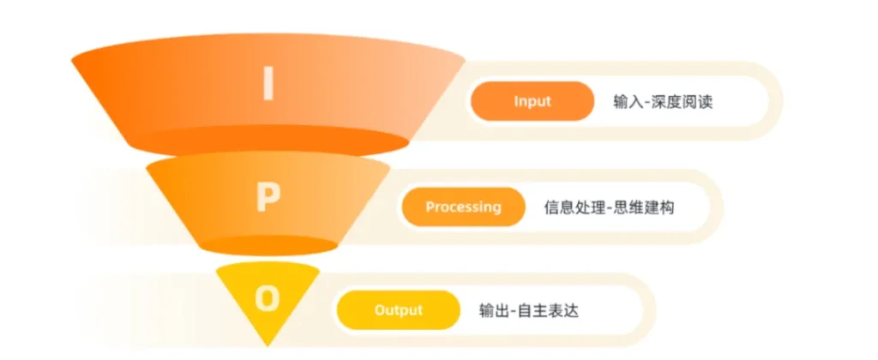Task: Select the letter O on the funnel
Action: pos(268,299)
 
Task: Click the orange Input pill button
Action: pos(532,101)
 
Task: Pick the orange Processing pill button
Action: pos(464,207)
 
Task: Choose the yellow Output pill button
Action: pos(398,309)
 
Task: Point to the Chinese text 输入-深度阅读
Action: pos(663,102)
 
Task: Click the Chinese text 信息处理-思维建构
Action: pos(610,207)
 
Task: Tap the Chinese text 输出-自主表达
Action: pos(528,310)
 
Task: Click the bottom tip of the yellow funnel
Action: pos(268,345)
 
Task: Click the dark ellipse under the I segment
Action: pos(268,140)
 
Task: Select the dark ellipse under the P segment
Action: pos(268,245)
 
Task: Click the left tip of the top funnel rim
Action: pos(72,59)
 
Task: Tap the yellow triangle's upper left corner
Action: pos(216,269)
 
